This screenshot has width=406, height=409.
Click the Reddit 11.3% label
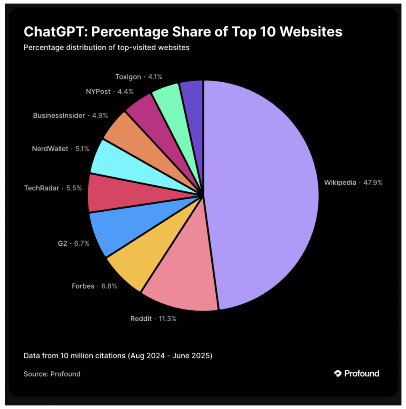pyautogui.click(x=153, y=319)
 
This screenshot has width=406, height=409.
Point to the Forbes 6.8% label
pyautogui.click(x=94, y=286)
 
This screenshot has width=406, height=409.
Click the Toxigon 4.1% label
pyautogui.click(x=133, y=77)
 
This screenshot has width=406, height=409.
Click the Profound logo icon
pyautogui.click(x=338, y=373)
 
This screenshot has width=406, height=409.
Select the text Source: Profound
pyautogui.click(x=52, y=374)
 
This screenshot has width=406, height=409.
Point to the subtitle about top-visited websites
pyautogui.click(x=106, y=48)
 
